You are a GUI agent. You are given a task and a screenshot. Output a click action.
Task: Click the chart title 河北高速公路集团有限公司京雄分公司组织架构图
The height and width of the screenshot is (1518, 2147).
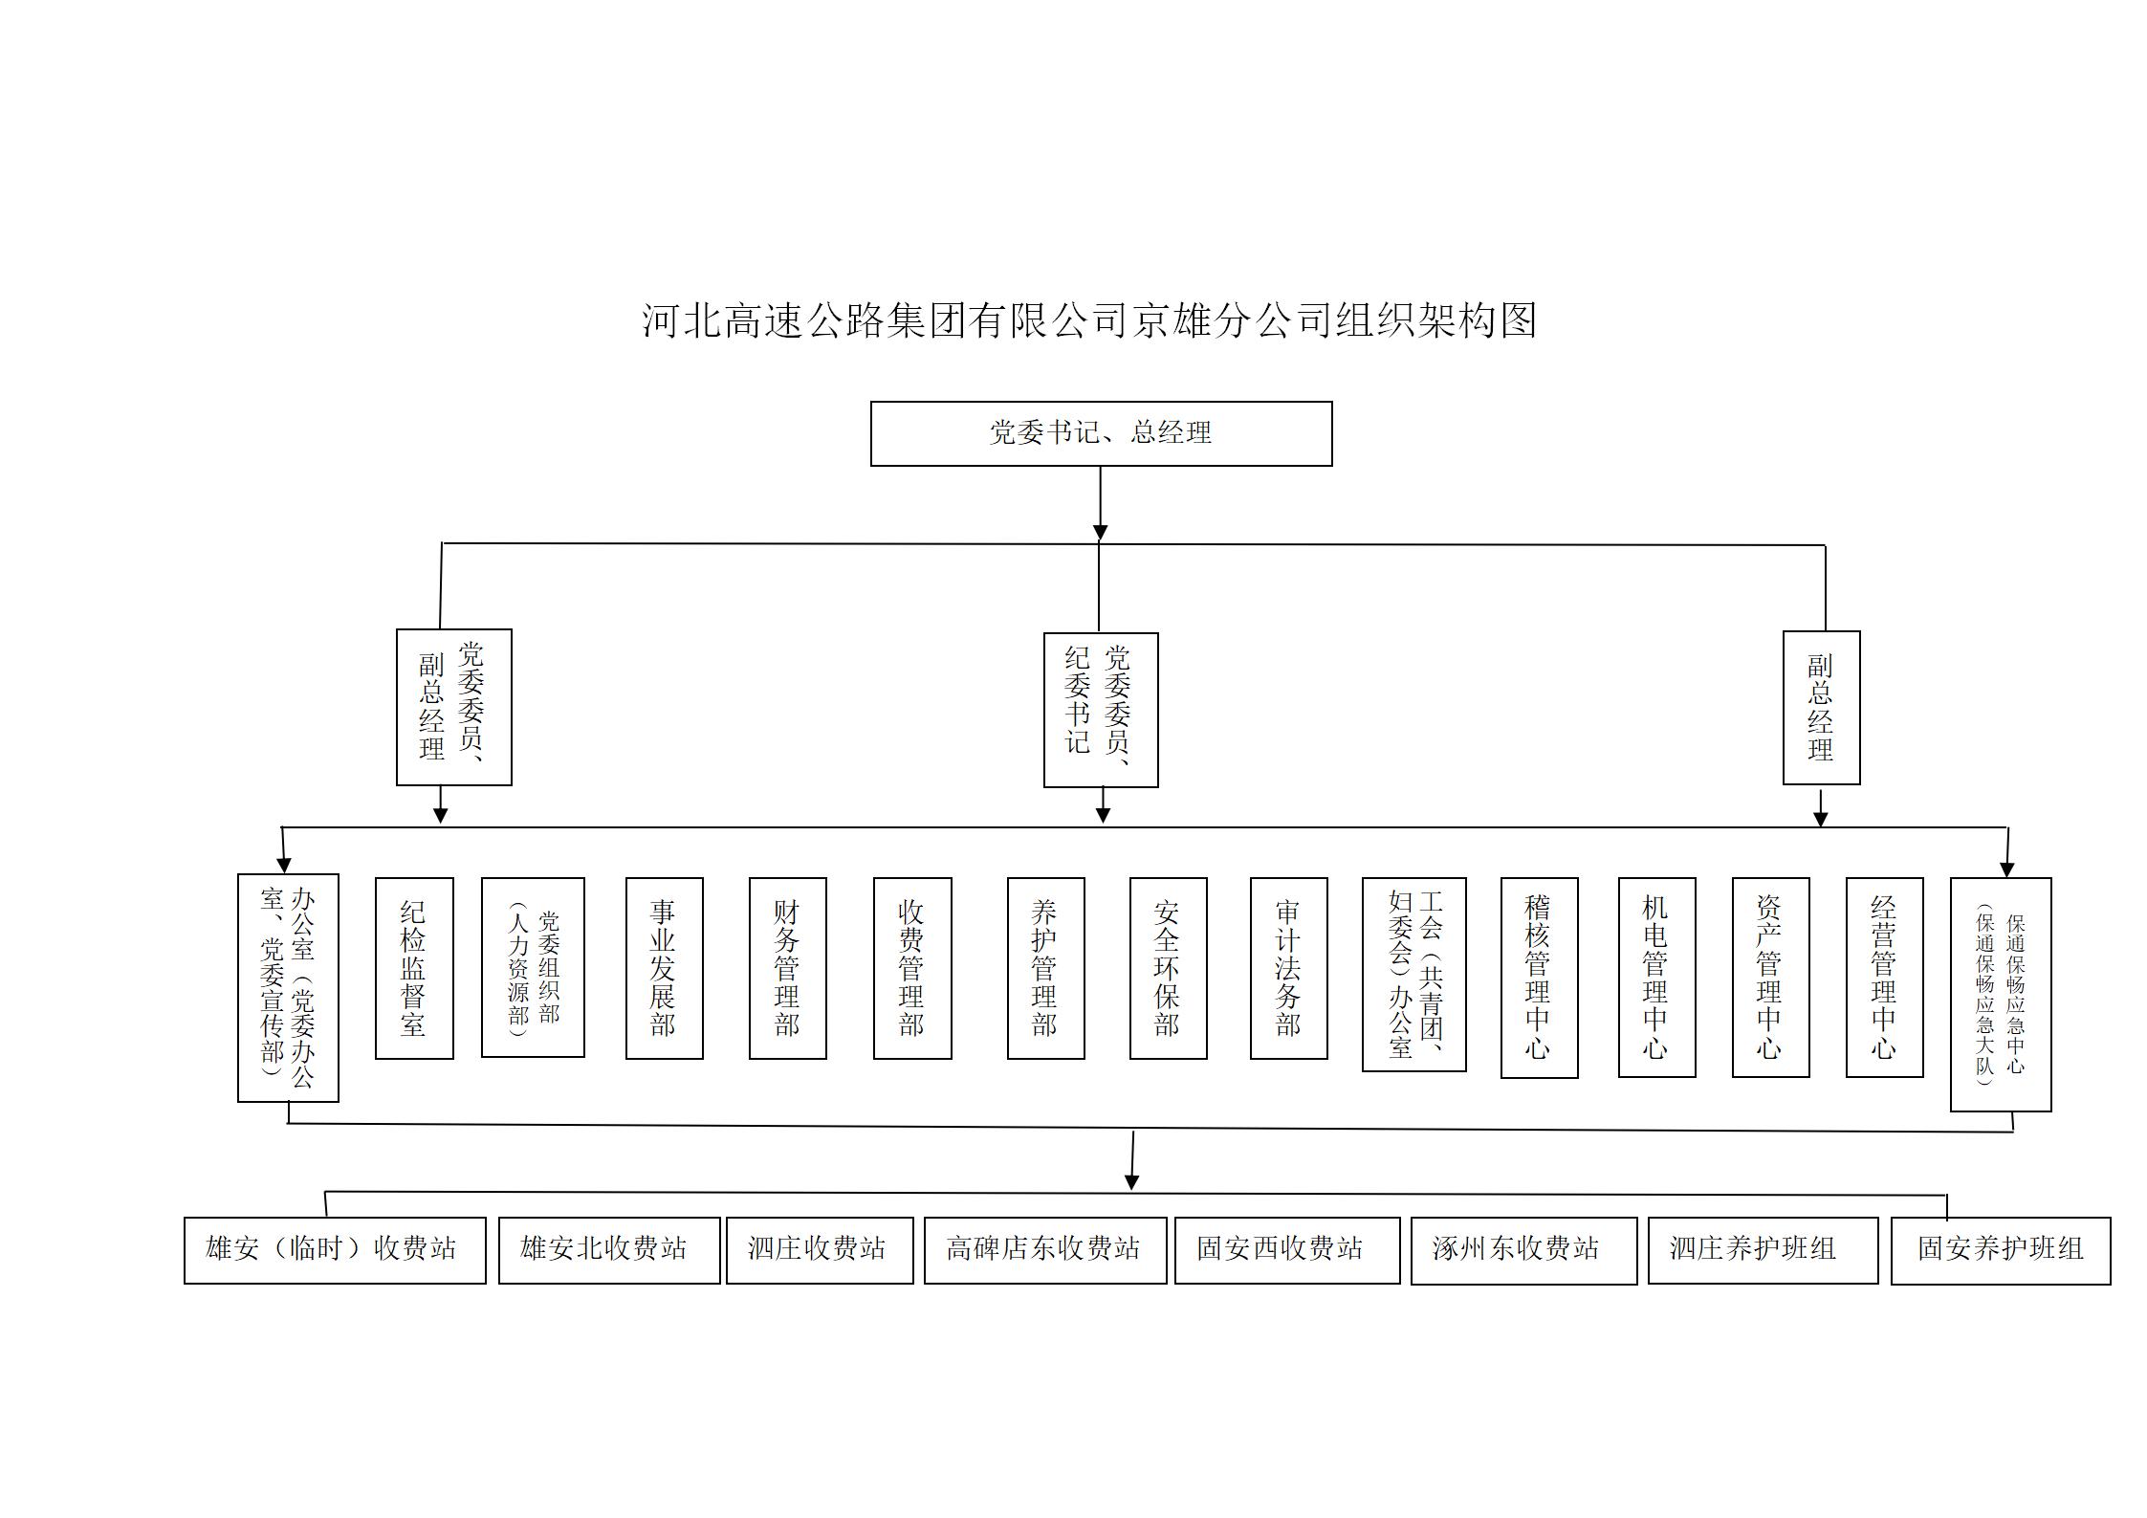pos(1088,320)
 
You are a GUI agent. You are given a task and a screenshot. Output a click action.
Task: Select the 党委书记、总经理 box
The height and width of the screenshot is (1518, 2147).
pos(1101,433)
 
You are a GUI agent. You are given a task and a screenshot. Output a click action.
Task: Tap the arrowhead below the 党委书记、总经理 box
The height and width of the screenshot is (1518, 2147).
pos(1100,532)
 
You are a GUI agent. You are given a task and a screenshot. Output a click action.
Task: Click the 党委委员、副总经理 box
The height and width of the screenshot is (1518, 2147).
pos(454,707)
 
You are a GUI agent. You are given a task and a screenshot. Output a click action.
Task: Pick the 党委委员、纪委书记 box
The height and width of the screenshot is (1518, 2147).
pos(1101,710)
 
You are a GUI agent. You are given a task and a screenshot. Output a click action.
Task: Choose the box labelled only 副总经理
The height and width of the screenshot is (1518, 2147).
pos(1821,708)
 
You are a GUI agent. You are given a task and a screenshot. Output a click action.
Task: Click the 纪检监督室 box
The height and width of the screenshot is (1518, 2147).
pos(414,968)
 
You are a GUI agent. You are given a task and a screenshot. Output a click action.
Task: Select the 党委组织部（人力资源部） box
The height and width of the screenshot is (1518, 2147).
pos(533,967)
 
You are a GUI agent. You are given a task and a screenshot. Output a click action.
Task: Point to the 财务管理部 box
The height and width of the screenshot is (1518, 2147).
pos(787,968)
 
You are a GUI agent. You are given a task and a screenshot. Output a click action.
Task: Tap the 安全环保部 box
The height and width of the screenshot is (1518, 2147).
pos(1168,968)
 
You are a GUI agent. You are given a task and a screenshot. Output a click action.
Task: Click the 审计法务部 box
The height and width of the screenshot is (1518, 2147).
pos(1288,968)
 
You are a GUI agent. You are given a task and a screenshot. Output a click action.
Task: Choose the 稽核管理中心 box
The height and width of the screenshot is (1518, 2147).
pos(1539,978)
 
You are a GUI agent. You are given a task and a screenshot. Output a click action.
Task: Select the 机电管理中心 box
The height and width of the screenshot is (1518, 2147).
pos(1656,977)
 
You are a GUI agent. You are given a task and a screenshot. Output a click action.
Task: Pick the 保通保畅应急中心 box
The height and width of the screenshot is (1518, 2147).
pos(2001,994)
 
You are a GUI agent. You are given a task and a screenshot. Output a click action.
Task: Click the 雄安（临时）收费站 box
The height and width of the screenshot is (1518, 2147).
pos(335,1250)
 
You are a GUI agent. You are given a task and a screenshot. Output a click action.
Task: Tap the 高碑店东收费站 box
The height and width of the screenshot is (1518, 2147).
pos(1045,1250)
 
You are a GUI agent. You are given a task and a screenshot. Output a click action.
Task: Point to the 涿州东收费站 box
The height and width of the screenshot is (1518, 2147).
pos(1523,1250)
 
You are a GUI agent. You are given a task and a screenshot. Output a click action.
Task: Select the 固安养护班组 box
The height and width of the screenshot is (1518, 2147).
pos(2001,1250)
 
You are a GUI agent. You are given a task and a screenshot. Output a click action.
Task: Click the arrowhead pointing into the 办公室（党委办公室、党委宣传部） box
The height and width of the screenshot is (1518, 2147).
pos(283,865)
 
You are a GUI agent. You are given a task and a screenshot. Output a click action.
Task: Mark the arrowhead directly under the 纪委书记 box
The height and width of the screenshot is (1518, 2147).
pos(1103,814)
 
